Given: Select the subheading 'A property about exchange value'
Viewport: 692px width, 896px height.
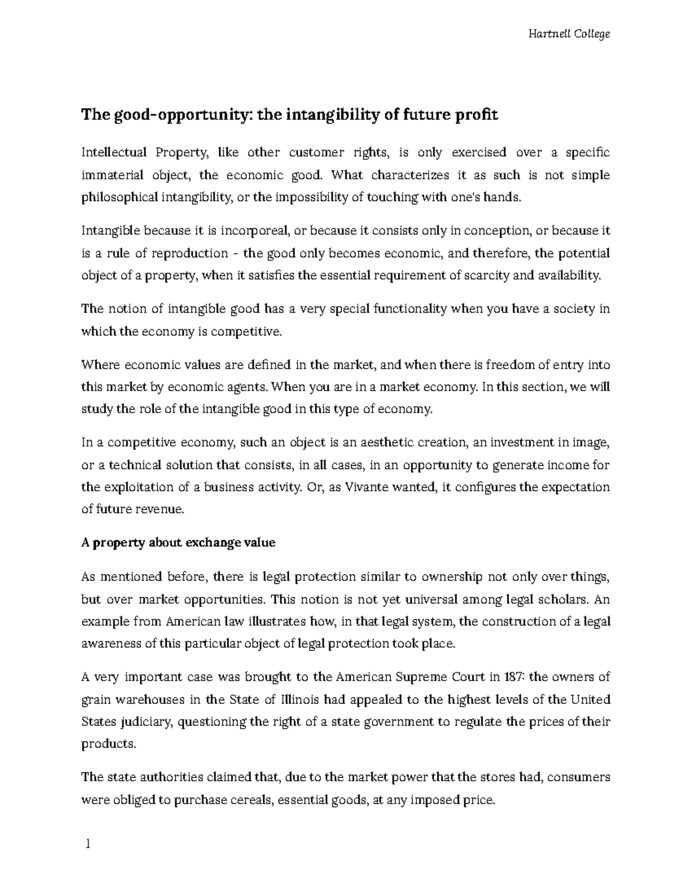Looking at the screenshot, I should coord(178,543).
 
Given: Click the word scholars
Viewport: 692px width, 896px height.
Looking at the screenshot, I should coord(559,599).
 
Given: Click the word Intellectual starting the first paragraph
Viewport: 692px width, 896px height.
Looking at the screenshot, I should coord(114,152).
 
